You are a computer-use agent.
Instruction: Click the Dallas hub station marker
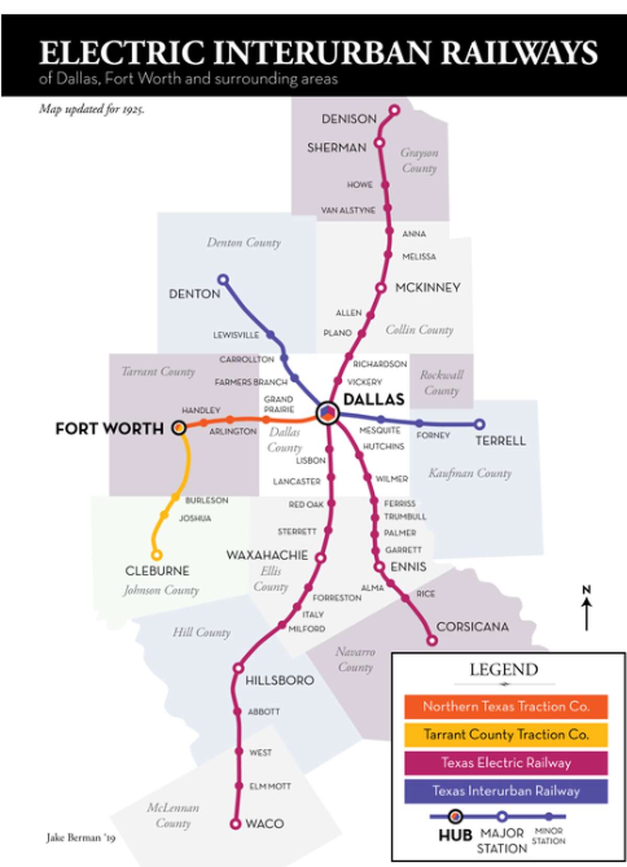(x=328, y=414)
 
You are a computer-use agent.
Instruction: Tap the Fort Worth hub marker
(x=179, y=428)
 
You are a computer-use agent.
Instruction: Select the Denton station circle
(x=223, y=280)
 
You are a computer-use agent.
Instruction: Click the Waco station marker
(x=236, y=824)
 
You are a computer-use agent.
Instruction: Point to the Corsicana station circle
(x=432, y=640)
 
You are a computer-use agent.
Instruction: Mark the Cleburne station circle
(x=156, y=555)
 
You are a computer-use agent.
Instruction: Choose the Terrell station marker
(x=480, y=424)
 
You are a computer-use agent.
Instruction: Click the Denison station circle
(x=394, y=110)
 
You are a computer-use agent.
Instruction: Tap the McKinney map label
(x=427, y=287)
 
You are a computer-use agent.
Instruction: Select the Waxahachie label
(x=267, y=555)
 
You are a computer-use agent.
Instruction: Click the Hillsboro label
(x=280, y=680)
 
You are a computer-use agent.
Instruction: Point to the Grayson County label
(x=419, y=160)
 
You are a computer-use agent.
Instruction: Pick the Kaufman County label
(x=470, y=473)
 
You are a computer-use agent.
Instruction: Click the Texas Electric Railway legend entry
(x=506, y=763)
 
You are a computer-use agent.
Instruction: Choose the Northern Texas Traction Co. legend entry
(x=506, y=707)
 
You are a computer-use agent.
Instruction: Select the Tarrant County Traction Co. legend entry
(x=506, y=735)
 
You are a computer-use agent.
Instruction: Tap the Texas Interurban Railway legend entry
(x=506, y=791)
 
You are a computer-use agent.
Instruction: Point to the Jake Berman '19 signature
(x=80, y=838)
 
